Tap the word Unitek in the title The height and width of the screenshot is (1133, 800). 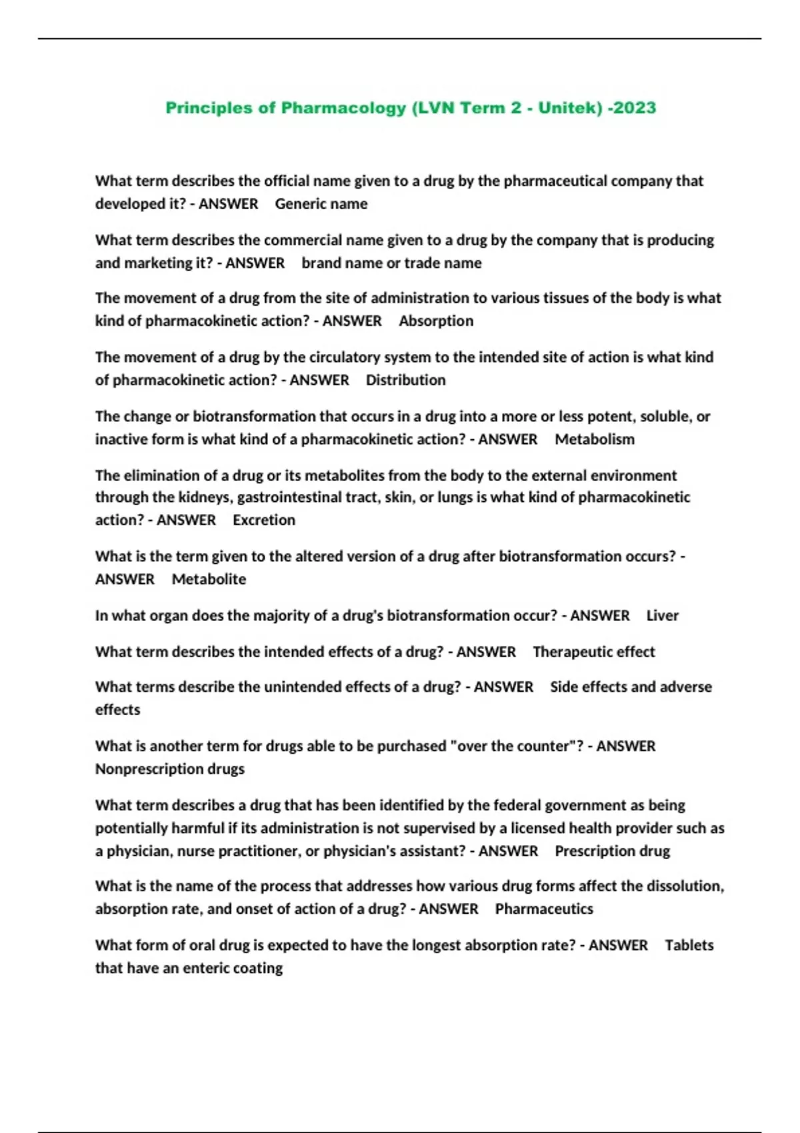coord(567,108)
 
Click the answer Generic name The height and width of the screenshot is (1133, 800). coord(321,204)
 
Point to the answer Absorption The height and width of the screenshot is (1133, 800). coord(436,321)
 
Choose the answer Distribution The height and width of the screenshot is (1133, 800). coord(405,381)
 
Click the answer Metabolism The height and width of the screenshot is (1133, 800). coord(595,440)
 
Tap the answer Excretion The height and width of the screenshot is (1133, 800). coord(263,521)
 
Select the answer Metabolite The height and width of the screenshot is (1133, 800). coord(209,580)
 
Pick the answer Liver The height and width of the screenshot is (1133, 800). coord(662,616)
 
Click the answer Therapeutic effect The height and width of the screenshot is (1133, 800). coord(593,652)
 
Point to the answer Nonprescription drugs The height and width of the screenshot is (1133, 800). coord(169,769)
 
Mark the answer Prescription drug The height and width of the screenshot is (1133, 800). coord(612,851)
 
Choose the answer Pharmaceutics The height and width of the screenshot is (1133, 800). coord(543,909)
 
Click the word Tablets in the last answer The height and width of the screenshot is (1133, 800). coord(689,946)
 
